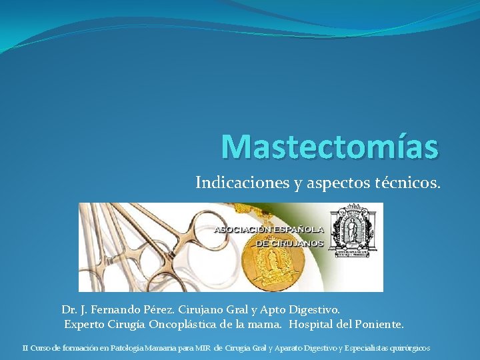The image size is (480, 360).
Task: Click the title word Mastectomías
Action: point(329,147)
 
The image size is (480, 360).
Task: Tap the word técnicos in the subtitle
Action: point(413,183)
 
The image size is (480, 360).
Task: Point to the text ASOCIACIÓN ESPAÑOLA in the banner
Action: point(269,229)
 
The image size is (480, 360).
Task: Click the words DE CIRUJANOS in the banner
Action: point(289,243)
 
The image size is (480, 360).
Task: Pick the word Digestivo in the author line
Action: point(313,310)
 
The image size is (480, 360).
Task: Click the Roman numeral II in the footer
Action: point(25,347)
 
